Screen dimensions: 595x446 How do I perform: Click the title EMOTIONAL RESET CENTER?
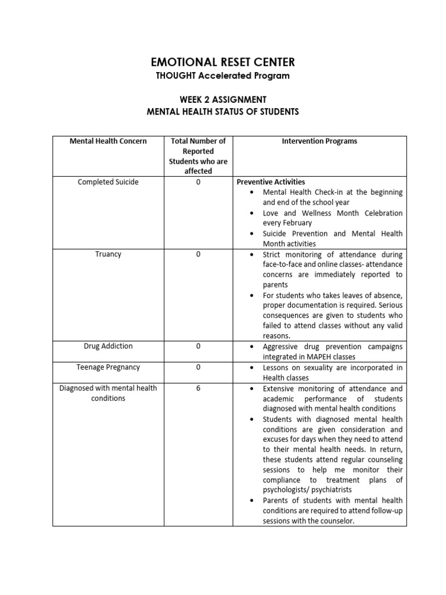[x=223, y=62]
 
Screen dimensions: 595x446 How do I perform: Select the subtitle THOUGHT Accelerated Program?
[x=223, y=76]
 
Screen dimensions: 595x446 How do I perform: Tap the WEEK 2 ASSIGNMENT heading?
[x=223, y=100]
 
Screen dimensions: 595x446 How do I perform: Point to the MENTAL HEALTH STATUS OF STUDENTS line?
[x=223, y=112]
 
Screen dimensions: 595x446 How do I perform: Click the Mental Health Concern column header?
[x=108, y=141]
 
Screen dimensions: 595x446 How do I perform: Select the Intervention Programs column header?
[x=319, y=141]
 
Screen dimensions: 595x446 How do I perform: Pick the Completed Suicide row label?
[x=108, y=182]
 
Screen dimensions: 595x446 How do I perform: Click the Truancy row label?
[x=108, y=255]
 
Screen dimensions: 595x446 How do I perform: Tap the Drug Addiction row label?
[x=108, y=346]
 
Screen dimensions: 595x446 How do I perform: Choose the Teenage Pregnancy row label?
[x=108, y=367]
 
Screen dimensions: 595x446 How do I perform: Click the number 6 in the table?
[x=198, y=388]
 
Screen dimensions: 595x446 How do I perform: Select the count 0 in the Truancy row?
[x=198, y=255]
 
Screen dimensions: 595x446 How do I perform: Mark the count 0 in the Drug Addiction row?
[x=198, y=346]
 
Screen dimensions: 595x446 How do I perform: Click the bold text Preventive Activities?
[x=271, y=182]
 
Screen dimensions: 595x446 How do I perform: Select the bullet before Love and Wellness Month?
[x=250, y=213]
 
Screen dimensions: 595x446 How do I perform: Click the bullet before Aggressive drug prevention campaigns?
[x=250, y=347]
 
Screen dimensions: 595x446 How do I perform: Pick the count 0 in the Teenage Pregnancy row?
[x=198, y=367]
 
